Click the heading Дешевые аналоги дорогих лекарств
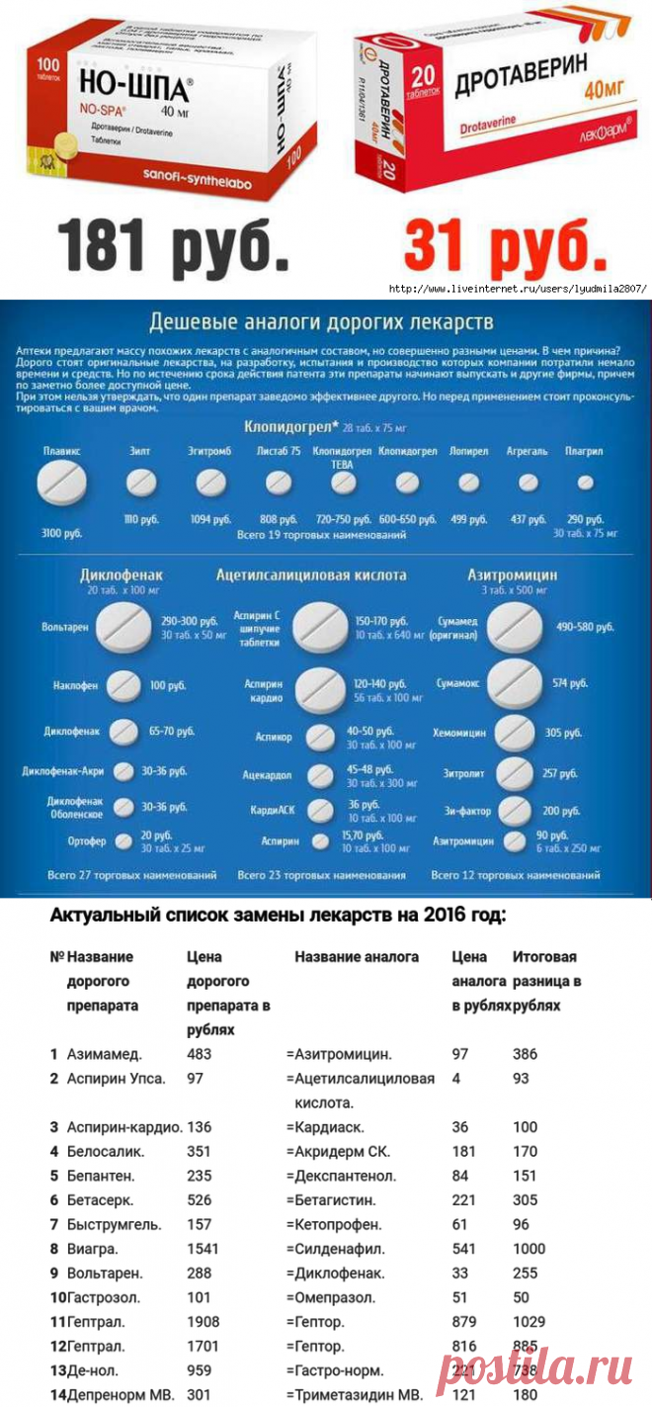(320, 323)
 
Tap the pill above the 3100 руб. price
(62, 484)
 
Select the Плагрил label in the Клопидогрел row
(585, 451)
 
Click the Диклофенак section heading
(122, 574)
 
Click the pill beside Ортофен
(123, 840)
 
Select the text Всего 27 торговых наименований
(132, 876)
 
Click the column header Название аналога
(357, 957)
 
